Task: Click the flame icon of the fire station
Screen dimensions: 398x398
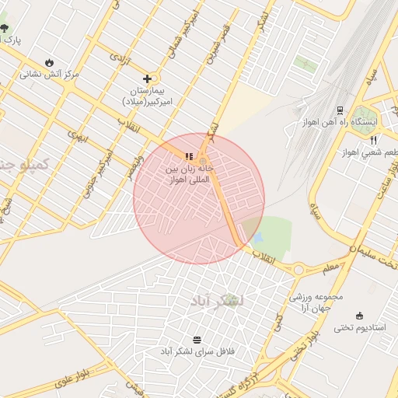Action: (50, 62)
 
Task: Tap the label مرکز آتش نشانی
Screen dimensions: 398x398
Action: (50, 75)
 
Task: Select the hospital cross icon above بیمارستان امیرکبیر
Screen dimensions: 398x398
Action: (147, 79)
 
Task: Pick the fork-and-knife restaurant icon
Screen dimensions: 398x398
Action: (374, 140)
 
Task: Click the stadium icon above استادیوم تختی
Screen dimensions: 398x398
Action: (359, 315)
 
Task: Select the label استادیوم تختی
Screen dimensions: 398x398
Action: (360, 328)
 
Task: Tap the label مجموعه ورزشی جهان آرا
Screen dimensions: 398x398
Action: (311, 303)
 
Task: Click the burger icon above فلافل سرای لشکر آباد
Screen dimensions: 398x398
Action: (196, 340)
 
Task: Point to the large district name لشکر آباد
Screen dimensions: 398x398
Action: (217, 300)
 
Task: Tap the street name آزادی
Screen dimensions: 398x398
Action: (119, 58)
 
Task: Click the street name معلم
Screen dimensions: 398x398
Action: (330, 267)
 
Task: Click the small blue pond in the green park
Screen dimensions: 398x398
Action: (258, 234)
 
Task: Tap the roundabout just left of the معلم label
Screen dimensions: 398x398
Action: (298, 270)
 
